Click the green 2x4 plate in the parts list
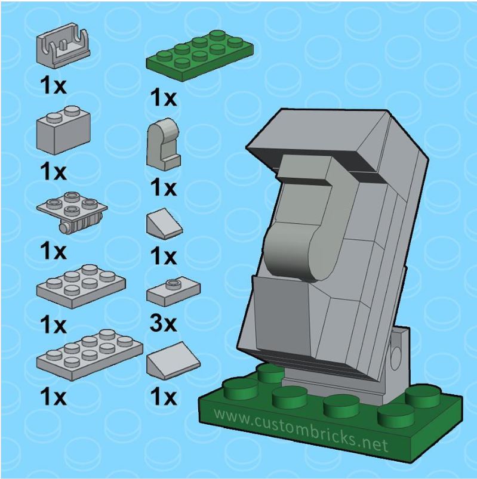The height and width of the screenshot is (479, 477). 199,55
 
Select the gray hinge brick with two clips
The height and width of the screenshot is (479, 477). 63,46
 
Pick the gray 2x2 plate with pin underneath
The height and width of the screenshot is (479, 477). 72,213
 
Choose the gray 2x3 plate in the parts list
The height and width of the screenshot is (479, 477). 81,286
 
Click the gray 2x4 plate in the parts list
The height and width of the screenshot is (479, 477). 90,355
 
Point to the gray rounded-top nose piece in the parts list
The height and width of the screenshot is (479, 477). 164,144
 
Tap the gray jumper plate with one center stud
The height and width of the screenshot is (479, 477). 173,293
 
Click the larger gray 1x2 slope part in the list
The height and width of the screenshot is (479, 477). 173,360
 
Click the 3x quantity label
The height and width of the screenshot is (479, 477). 164,323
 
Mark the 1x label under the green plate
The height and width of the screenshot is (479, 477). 164,97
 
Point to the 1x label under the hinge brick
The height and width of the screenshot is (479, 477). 53,85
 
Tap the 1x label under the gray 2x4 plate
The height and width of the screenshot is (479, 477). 53,397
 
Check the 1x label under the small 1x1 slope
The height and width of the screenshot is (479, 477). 164,257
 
